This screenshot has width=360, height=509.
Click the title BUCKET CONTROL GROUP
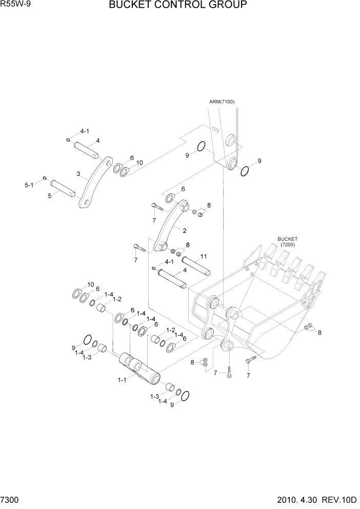(178, 6)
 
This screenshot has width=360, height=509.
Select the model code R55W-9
(15, 5)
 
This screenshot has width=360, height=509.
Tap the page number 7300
(10, 500)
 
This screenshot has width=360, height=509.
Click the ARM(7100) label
(222, 102)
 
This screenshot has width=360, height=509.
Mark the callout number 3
(79, 174)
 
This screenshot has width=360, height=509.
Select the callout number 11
(203, 256)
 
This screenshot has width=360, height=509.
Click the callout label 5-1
(29, 184)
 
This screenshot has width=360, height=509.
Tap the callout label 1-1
(122, 380)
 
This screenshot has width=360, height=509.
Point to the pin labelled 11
(196, 266)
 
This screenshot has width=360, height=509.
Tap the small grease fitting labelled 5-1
(45, 178)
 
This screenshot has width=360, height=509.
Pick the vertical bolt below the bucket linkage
(229, 370)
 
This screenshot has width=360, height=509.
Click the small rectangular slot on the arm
(216, 129)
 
